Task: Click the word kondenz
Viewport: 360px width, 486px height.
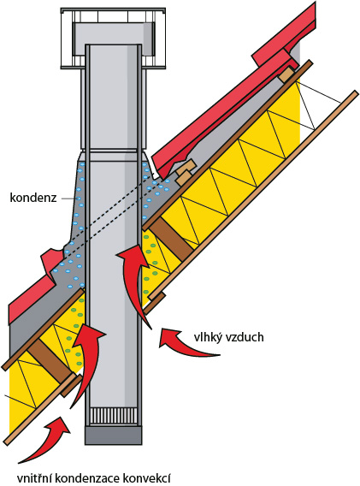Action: point(33,198)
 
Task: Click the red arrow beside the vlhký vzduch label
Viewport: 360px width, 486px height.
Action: point(187,343)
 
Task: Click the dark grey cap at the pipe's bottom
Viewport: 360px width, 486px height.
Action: point(113,435)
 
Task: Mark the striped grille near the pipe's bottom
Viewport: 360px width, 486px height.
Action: point(113,416)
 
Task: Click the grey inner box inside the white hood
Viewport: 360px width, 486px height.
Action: point(115,36)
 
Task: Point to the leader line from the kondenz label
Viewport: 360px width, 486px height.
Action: point(68,198)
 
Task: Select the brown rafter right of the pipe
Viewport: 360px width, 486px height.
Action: point(171,239)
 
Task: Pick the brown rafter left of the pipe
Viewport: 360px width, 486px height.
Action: point(50,361)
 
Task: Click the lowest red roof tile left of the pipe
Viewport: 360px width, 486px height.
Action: point(31,297)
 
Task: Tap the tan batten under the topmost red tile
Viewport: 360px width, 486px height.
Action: point(286,74)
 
